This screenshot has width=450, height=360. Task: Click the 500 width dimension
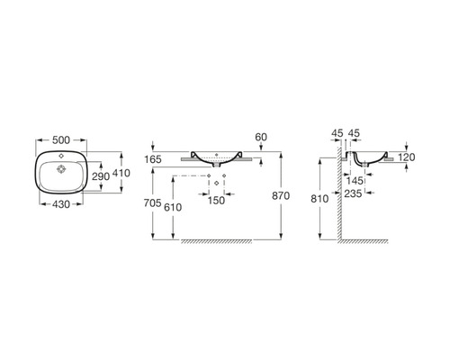pyautogui.click(x=61, y=140)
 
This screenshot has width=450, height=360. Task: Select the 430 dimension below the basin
pyautogui.click(x=61, y=204)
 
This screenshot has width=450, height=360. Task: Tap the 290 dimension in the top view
pyautogui.click(x=101, y=176)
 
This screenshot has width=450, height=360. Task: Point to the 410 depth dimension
pyautogui.click(x=121, y=173)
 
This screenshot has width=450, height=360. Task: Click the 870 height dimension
pyautogui.click(x=281, y=196)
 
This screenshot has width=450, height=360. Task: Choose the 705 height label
pyautogui.click(x=153, y=203)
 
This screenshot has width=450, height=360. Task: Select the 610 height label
pyautogui.click(x=173, y=207)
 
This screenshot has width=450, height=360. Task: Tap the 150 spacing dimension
pyautogui.click(x=216, y=201)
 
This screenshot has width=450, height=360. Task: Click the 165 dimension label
pyautogui.click(x=153, y=159)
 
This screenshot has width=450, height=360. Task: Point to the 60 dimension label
pyautogui.click(x=261, y=137)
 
